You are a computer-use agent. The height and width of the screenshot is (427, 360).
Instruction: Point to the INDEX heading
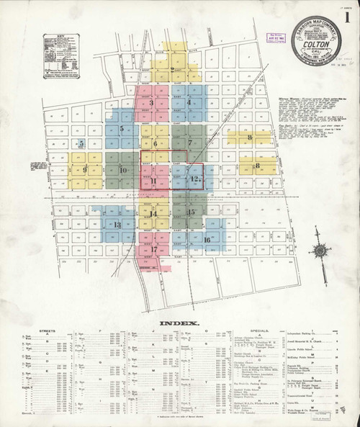pos(180,322)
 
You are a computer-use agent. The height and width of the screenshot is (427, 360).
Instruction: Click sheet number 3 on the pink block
pos(151,103)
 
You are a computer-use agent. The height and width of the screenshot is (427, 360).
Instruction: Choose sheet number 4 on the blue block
pos(189,103)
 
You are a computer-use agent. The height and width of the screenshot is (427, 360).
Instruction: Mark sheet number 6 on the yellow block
pos(155,143)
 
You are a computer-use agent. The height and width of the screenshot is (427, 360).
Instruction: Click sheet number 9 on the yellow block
pos(85,170)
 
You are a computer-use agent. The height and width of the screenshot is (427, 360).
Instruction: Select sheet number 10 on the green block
pos(123,170)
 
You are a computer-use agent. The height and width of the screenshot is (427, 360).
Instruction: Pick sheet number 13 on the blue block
pos(117,225)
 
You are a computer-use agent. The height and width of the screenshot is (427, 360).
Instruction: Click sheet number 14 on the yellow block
pos(153,213)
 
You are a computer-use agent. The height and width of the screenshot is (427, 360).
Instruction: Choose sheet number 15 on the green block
pos(191,212)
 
